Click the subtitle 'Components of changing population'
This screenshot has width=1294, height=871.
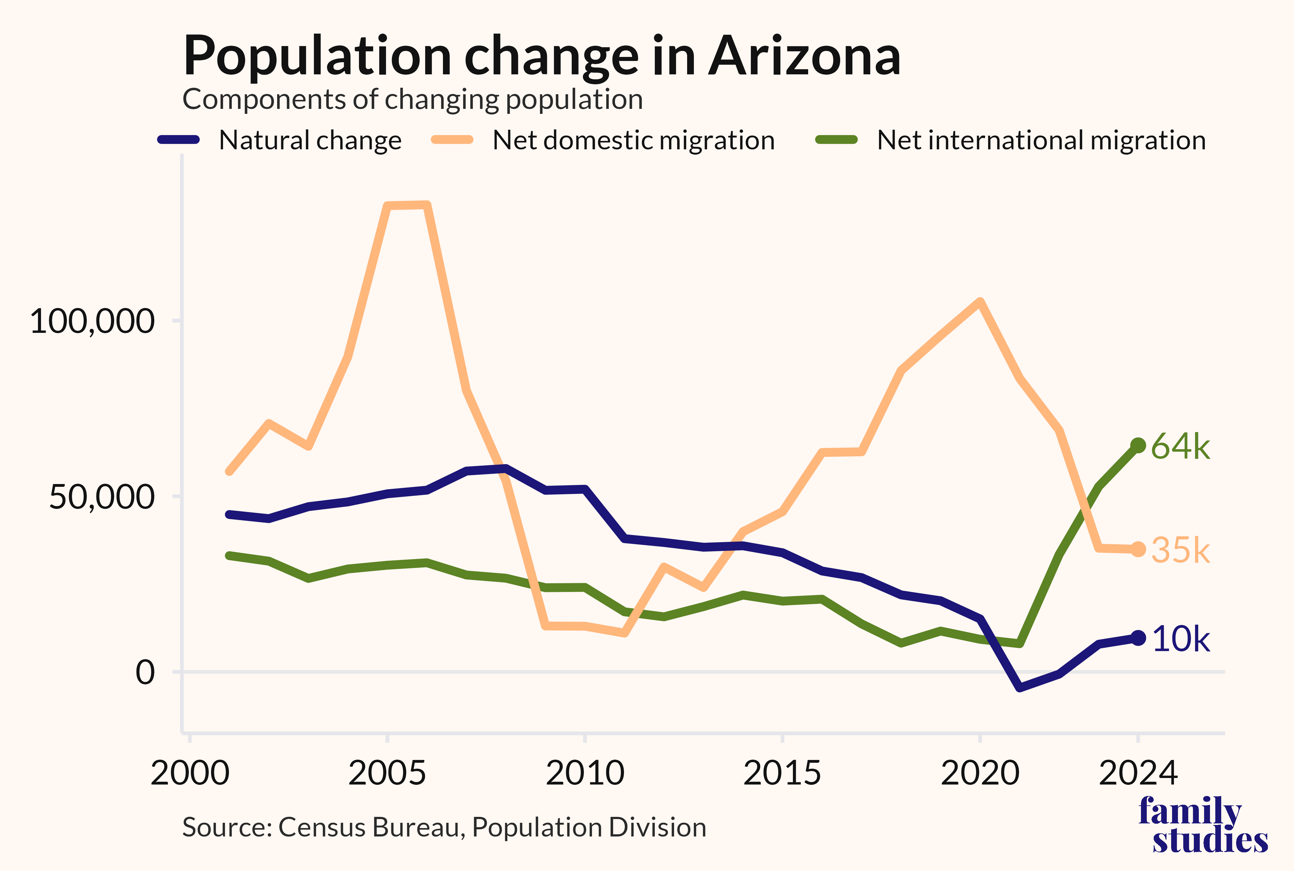(413, 100)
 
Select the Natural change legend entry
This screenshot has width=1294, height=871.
(279, 140)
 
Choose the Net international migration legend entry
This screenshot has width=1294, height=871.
(1011, 140)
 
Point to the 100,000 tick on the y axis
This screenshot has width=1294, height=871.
(92, 321)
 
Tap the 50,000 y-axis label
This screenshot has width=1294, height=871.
(102, 496)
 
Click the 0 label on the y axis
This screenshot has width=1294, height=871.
(146, 672)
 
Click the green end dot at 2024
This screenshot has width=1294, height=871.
(1138, 445)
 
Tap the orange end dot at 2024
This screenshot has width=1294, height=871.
(1138, 549)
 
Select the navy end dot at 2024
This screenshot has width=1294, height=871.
(1138, 638)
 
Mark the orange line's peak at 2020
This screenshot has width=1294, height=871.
(980, 302)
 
